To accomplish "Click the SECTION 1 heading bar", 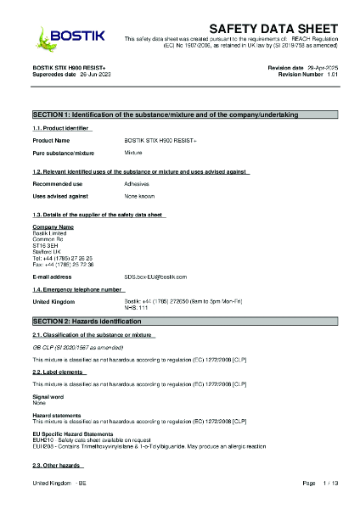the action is pyautogui.click(x=180, y=114).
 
